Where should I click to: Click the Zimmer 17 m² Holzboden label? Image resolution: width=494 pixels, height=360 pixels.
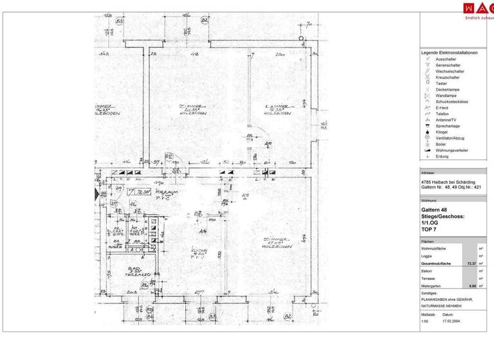pos(277,244)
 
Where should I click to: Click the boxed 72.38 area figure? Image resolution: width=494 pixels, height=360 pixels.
pos(138,192)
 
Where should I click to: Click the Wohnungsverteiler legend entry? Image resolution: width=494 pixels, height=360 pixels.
pos(452,150)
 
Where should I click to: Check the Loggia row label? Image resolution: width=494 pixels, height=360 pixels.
pos(428,256)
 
